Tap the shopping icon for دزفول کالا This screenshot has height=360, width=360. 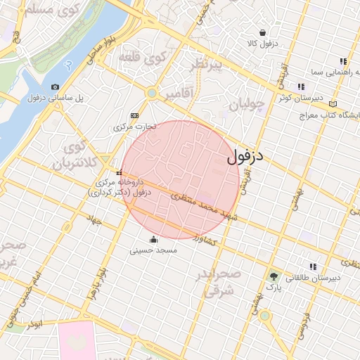[263, 32]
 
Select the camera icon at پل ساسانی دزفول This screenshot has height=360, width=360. [56, 86]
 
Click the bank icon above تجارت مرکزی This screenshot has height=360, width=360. [134, 116]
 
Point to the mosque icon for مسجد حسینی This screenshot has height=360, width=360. [154, 238]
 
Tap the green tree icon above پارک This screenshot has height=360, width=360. [274, 276]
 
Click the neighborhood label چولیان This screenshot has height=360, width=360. [246, 106]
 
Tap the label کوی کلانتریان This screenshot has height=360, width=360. [78, 156]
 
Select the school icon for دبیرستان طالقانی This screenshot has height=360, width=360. [313, 266]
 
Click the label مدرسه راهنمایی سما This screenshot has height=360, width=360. [326, 72]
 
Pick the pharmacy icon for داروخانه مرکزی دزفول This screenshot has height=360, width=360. [120, 173]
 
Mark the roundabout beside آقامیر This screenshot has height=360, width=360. [151, 93]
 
